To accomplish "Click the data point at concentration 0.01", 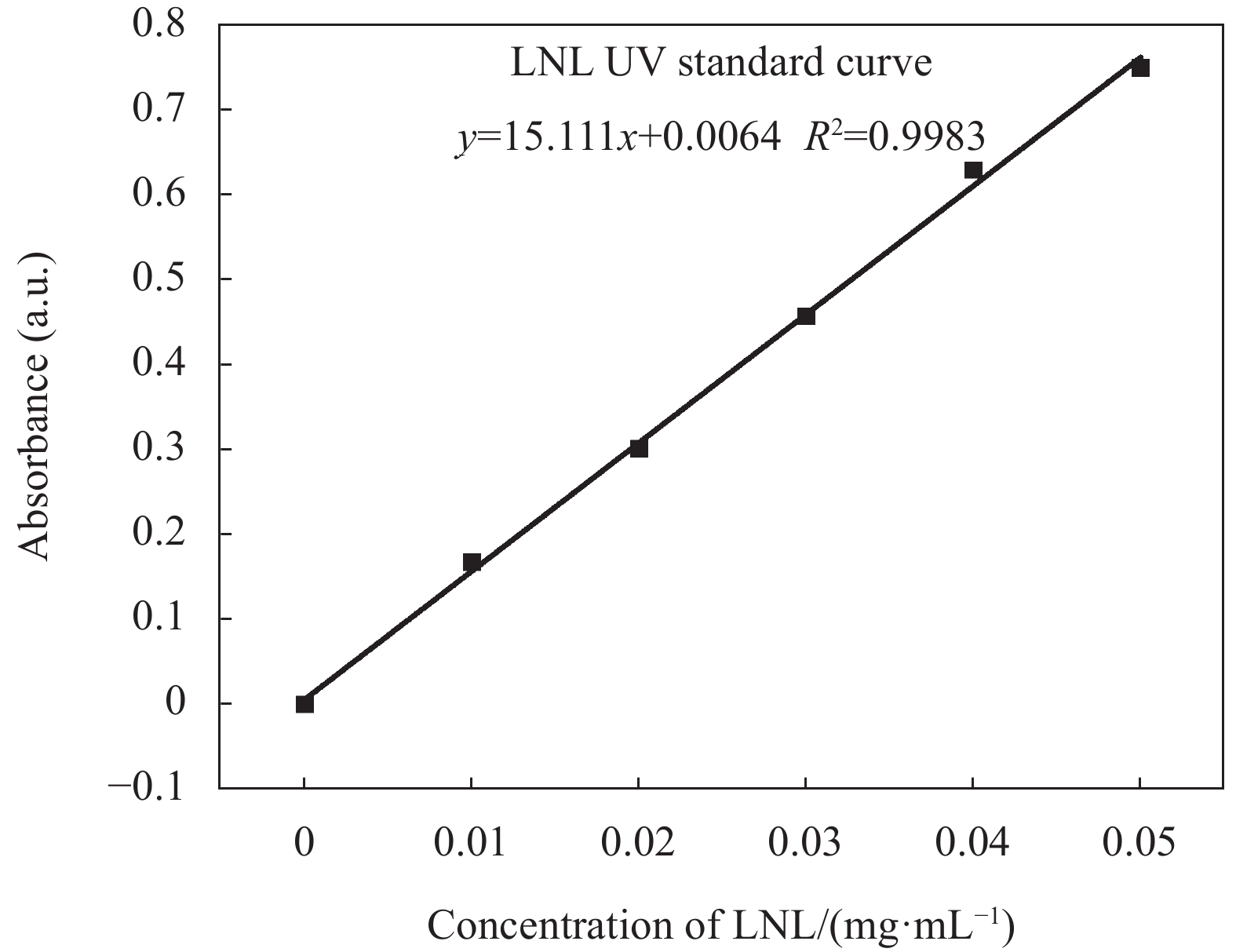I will (472, 562).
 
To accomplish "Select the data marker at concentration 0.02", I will (639, 448).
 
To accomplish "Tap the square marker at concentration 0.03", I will (806, 316).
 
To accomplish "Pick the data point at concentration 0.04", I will (973, 170).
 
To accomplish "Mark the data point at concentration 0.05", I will (1140, 67).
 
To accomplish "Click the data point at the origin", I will (304, 704).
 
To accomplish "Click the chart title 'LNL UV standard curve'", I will (721, 63).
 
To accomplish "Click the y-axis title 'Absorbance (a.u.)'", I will (35, 407).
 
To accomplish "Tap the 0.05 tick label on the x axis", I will (1139, 844).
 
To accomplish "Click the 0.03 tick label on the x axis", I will (805, 844).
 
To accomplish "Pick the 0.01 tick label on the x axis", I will (471, 844).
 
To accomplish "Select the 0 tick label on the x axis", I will (304, 844).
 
